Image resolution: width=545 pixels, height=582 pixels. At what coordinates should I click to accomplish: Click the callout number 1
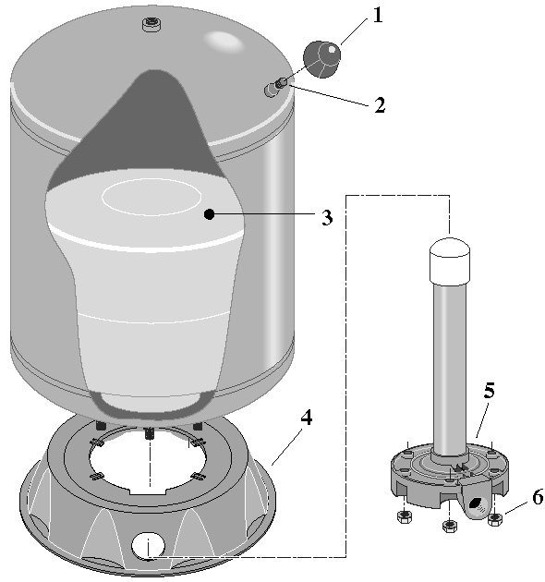click(x=377, y=16)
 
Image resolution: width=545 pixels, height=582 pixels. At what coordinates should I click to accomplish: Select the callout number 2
click(x=380, y=105)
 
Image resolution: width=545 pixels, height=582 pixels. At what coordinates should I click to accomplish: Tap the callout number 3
click(x=327, y=217)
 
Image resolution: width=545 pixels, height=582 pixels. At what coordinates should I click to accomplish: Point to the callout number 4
click(x=307, y=418)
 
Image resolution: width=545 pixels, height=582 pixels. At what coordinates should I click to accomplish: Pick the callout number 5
click(x=490, y=391)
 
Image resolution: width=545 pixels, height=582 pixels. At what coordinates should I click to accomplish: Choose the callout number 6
click(x=538, y=497)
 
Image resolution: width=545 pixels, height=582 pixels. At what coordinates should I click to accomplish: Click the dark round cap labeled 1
click(x=321, y=59)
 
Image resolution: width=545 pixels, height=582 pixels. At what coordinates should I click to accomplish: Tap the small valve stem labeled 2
click(x=275, y=87)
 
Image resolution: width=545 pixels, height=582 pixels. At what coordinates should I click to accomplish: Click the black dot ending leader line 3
click(x=210, y=213)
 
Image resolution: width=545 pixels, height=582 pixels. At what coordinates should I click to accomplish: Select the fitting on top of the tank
click(x=151, y=26)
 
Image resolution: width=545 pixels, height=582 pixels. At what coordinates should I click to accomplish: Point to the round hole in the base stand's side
click(x=148, y=546)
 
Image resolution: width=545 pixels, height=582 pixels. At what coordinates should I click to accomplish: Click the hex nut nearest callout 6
click(x=495, y=519)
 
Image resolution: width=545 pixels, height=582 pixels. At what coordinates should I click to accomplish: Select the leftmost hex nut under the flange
click(x=404, y=516)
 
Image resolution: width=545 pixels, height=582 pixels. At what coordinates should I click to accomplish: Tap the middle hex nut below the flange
click(x=449, y=526)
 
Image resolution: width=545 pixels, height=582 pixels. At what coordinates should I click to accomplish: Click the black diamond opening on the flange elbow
click(x=475, y=503)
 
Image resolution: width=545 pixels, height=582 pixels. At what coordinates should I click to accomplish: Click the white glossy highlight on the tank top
click(x=224, y=41)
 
